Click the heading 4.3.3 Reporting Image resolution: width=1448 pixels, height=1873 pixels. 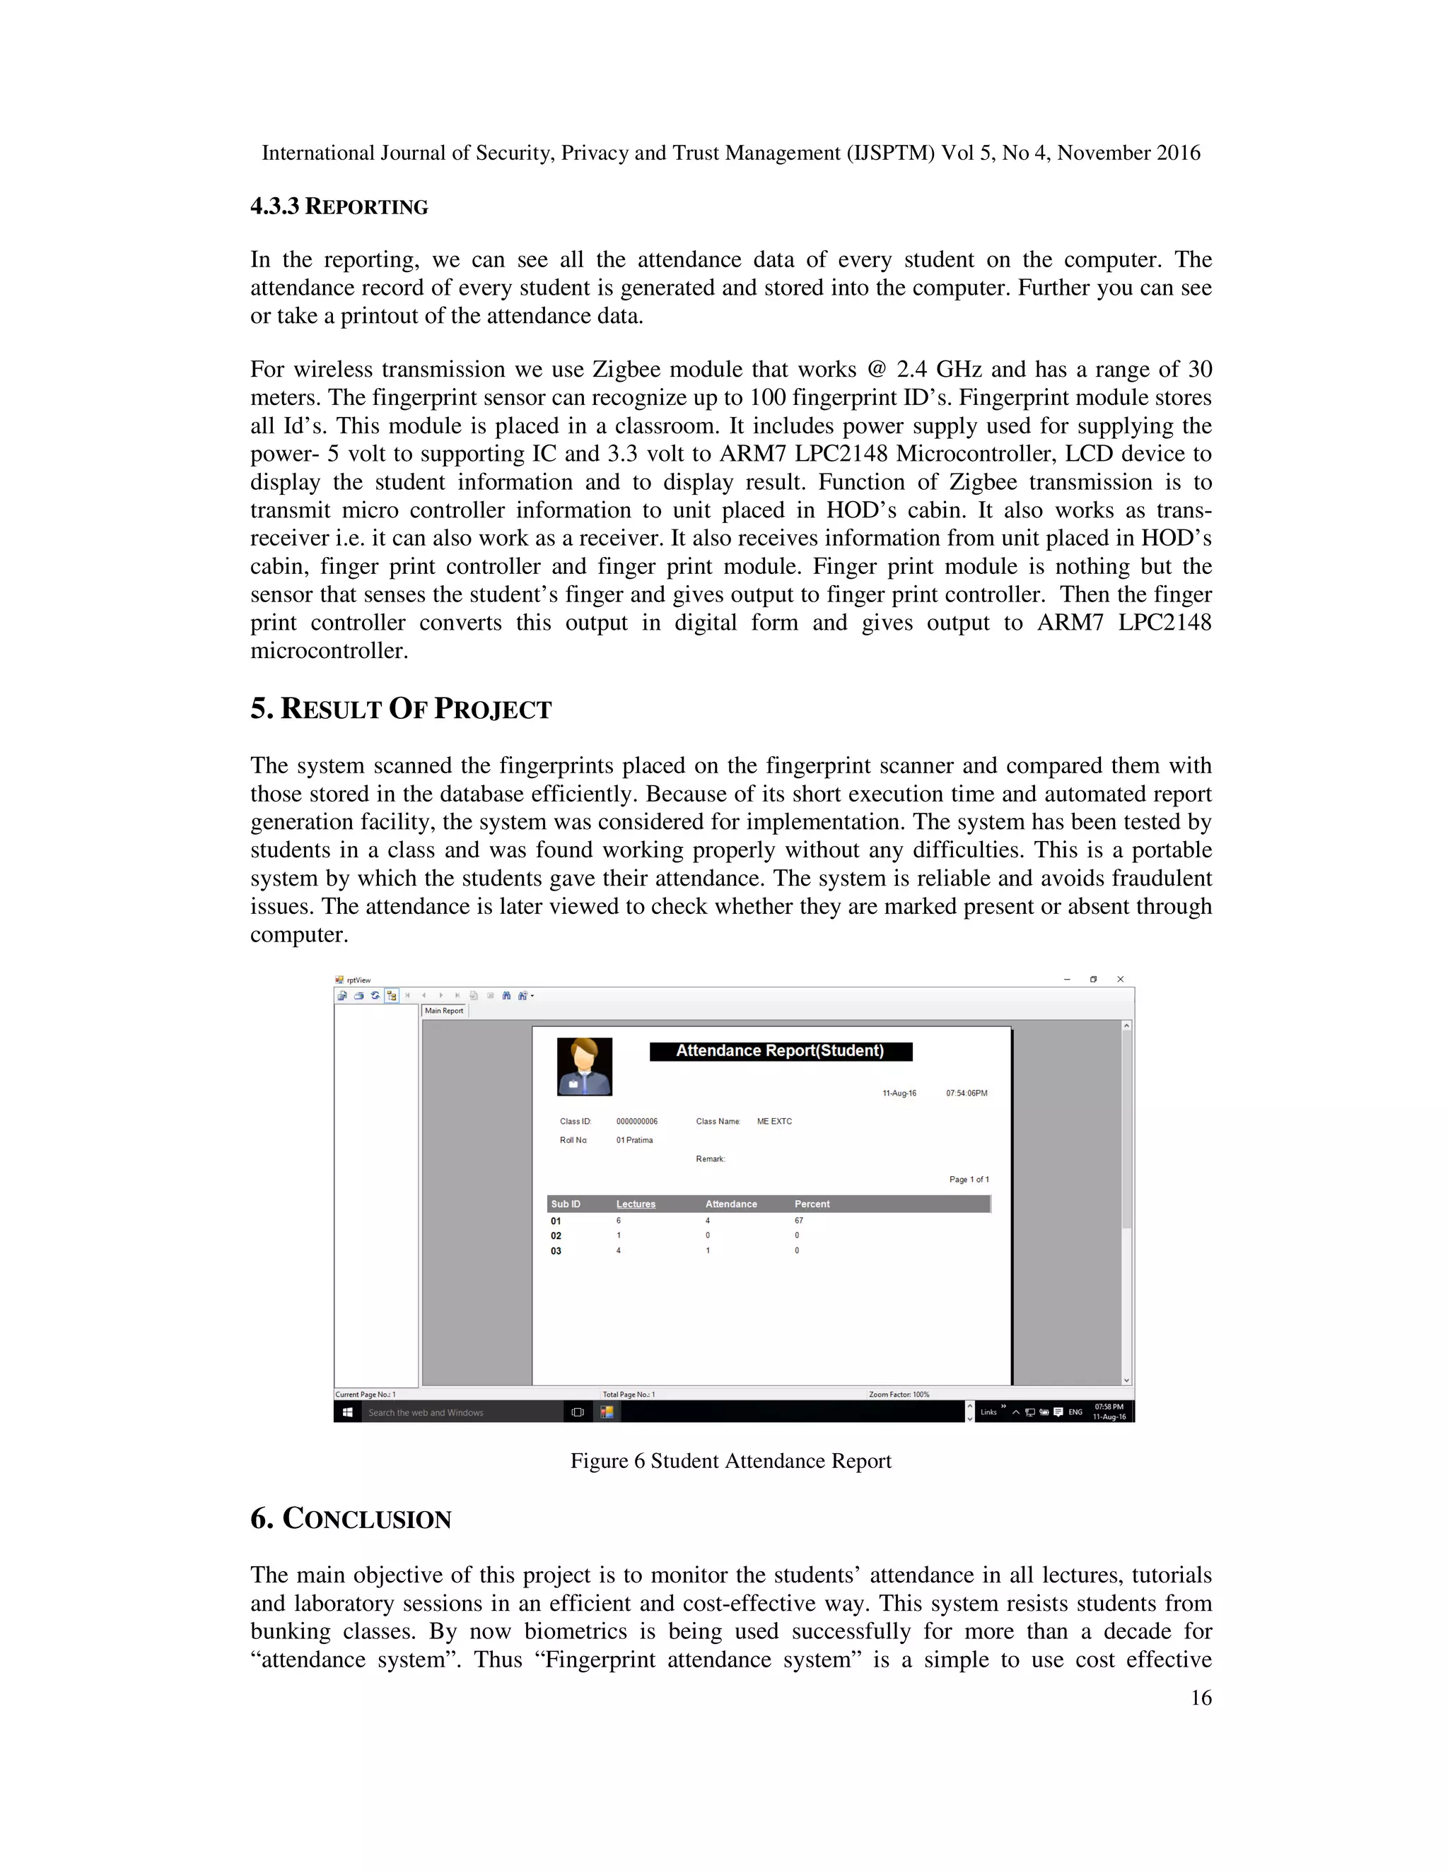point(339,206)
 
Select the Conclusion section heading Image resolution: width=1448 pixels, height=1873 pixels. point(351,1519)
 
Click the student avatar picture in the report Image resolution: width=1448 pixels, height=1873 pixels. point(584,1066)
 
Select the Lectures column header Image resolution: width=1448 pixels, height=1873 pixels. point(635,1204)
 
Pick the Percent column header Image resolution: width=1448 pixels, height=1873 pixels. point(812,1204)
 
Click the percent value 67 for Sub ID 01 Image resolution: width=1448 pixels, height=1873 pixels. point(799,1221)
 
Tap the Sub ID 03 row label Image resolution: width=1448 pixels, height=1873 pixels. point(556,1251)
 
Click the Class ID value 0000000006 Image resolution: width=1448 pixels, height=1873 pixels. point(636,1122)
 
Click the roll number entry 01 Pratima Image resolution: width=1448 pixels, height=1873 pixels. point(634,1141)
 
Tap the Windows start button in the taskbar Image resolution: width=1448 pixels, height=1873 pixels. point(347,1412)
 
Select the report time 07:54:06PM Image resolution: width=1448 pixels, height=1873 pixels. point(966,1093)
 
